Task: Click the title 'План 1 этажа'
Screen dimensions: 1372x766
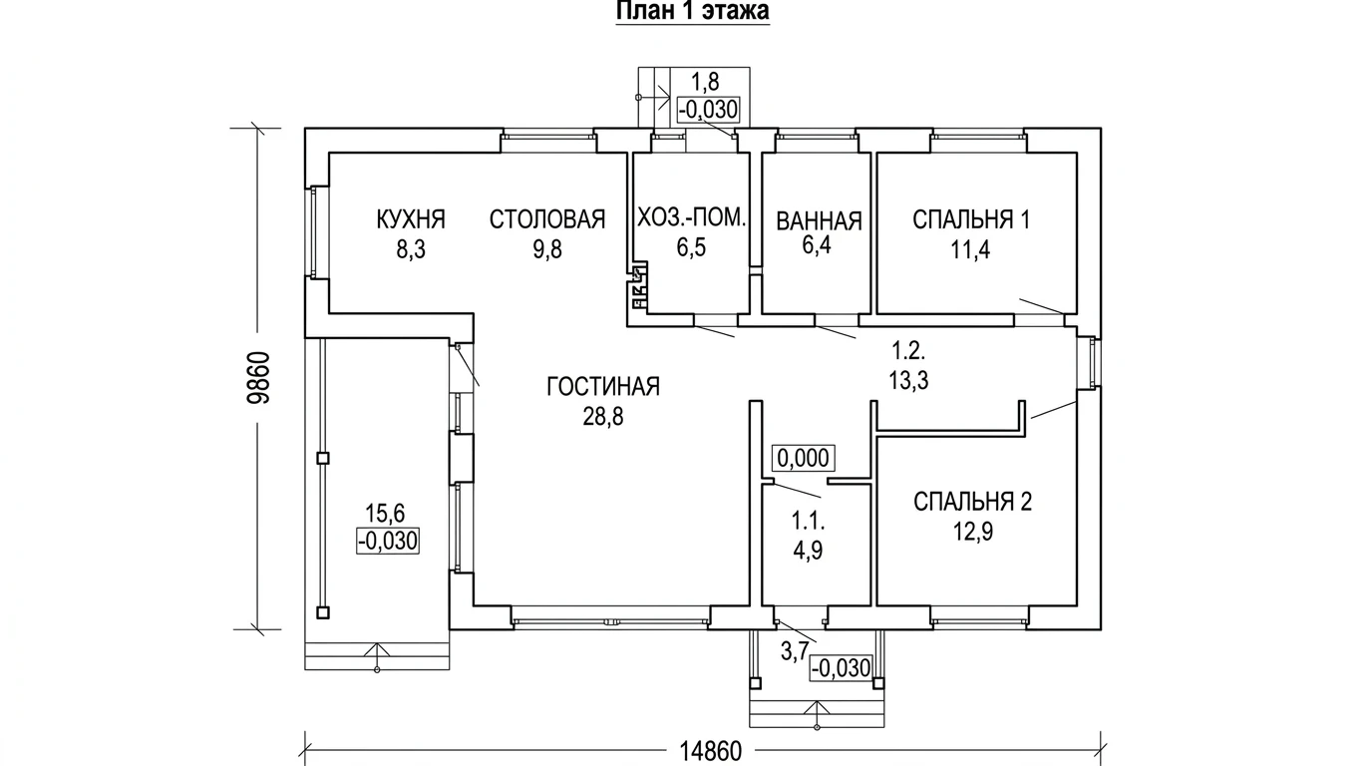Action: pos(693,11)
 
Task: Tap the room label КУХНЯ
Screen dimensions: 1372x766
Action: pos(411,219)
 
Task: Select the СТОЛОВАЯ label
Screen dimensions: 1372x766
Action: pos(547,219)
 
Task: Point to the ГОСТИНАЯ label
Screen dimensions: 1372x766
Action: pos(603,387)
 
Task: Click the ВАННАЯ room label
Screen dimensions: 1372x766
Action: pos(819,221)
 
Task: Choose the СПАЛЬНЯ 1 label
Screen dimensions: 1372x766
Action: pos(971,219)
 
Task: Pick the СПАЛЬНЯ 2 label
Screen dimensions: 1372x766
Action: pos(972,502)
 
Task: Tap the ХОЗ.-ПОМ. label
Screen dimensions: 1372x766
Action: pos(692,217)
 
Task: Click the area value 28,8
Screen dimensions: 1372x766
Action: pos(603,417)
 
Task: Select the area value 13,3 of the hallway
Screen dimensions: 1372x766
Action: pos(909,381)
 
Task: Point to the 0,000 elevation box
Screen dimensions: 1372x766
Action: pos(803,458)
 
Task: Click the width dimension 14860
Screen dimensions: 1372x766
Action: pos(711,751)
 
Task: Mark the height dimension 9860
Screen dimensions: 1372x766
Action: pos(258,378)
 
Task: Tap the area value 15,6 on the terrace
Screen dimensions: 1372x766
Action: pos(385,513)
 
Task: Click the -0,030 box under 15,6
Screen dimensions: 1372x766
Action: pos(388,542)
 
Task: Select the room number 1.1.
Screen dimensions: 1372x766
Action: pos(808,522)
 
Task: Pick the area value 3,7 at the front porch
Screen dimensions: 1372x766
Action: pos(795,651)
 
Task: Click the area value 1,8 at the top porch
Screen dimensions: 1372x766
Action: pos(705,82)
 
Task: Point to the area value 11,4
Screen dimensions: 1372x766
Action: pos(971,250)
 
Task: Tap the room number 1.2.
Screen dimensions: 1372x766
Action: pos(908,351)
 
